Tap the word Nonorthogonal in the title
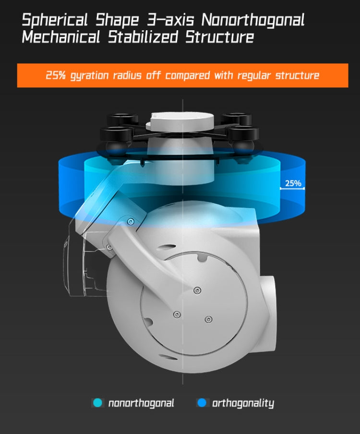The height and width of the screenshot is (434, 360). tap(253, 21)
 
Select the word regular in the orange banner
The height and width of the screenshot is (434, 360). tap(252, 76)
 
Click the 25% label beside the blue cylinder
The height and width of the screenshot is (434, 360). tap(293, 183)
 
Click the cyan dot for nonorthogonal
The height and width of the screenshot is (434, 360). tap(98, 403)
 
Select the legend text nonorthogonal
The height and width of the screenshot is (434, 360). tap(141, 403)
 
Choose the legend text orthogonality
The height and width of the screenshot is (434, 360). tap(243, 403)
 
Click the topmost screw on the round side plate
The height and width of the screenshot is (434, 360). tap(197, 290)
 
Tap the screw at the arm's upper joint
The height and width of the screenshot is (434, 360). tap(131, 221)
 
